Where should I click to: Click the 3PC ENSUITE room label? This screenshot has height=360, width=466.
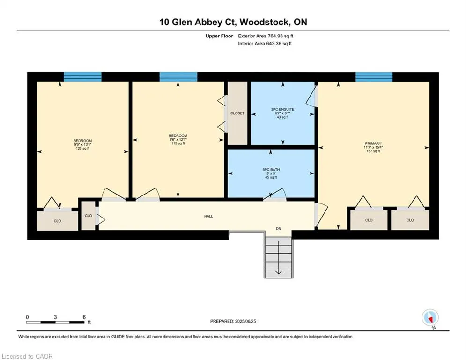tap(282, 109)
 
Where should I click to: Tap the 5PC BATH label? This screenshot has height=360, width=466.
tap(271, 170)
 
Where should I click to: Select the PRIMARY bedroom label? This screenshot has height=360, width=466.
tap(373, 143)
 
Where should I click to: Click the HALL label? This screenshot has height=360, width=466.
tap(208, 216)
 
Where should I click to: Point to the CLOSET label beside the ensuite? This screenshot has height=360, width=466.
tap(237, 113)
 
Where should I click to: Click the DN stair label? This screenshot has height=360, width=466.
tap(279, 229)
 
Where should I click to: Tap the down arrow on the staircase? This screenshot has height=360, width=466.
tap(279, 258)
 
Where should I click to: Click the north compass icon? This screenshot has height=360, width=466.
tap(430, 317)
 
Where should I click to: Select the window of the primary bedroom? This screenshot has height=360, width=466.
tap(374, 77)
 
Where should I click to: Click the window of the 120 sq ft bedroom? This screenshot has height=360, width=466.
tap(82, 77)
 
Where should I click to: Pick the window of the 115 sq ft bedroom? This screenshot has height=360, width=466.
tap(178, 77)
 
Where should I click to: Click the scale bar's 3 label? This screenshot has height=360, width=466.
tap(55, 317)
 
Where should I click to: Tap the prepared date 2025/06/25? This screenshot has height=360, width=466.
tap(245, 321)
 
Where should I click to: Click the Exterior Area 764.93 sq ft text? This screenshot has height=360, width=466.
tap(266, 36)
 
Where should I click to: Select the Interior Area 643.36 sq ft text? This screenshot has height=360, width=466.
tap(265, 44)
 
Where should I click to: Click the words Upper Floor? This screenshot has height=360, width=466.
tap(219, 36)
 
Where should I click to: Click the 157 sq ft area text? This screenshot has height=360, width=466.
tap(373, 151)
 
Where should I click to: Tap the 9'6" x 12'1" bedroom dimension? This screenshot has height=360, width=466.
tap(178, 140)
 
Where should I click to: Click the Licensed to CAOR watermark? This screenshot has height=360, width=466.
tap(27, 356)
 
